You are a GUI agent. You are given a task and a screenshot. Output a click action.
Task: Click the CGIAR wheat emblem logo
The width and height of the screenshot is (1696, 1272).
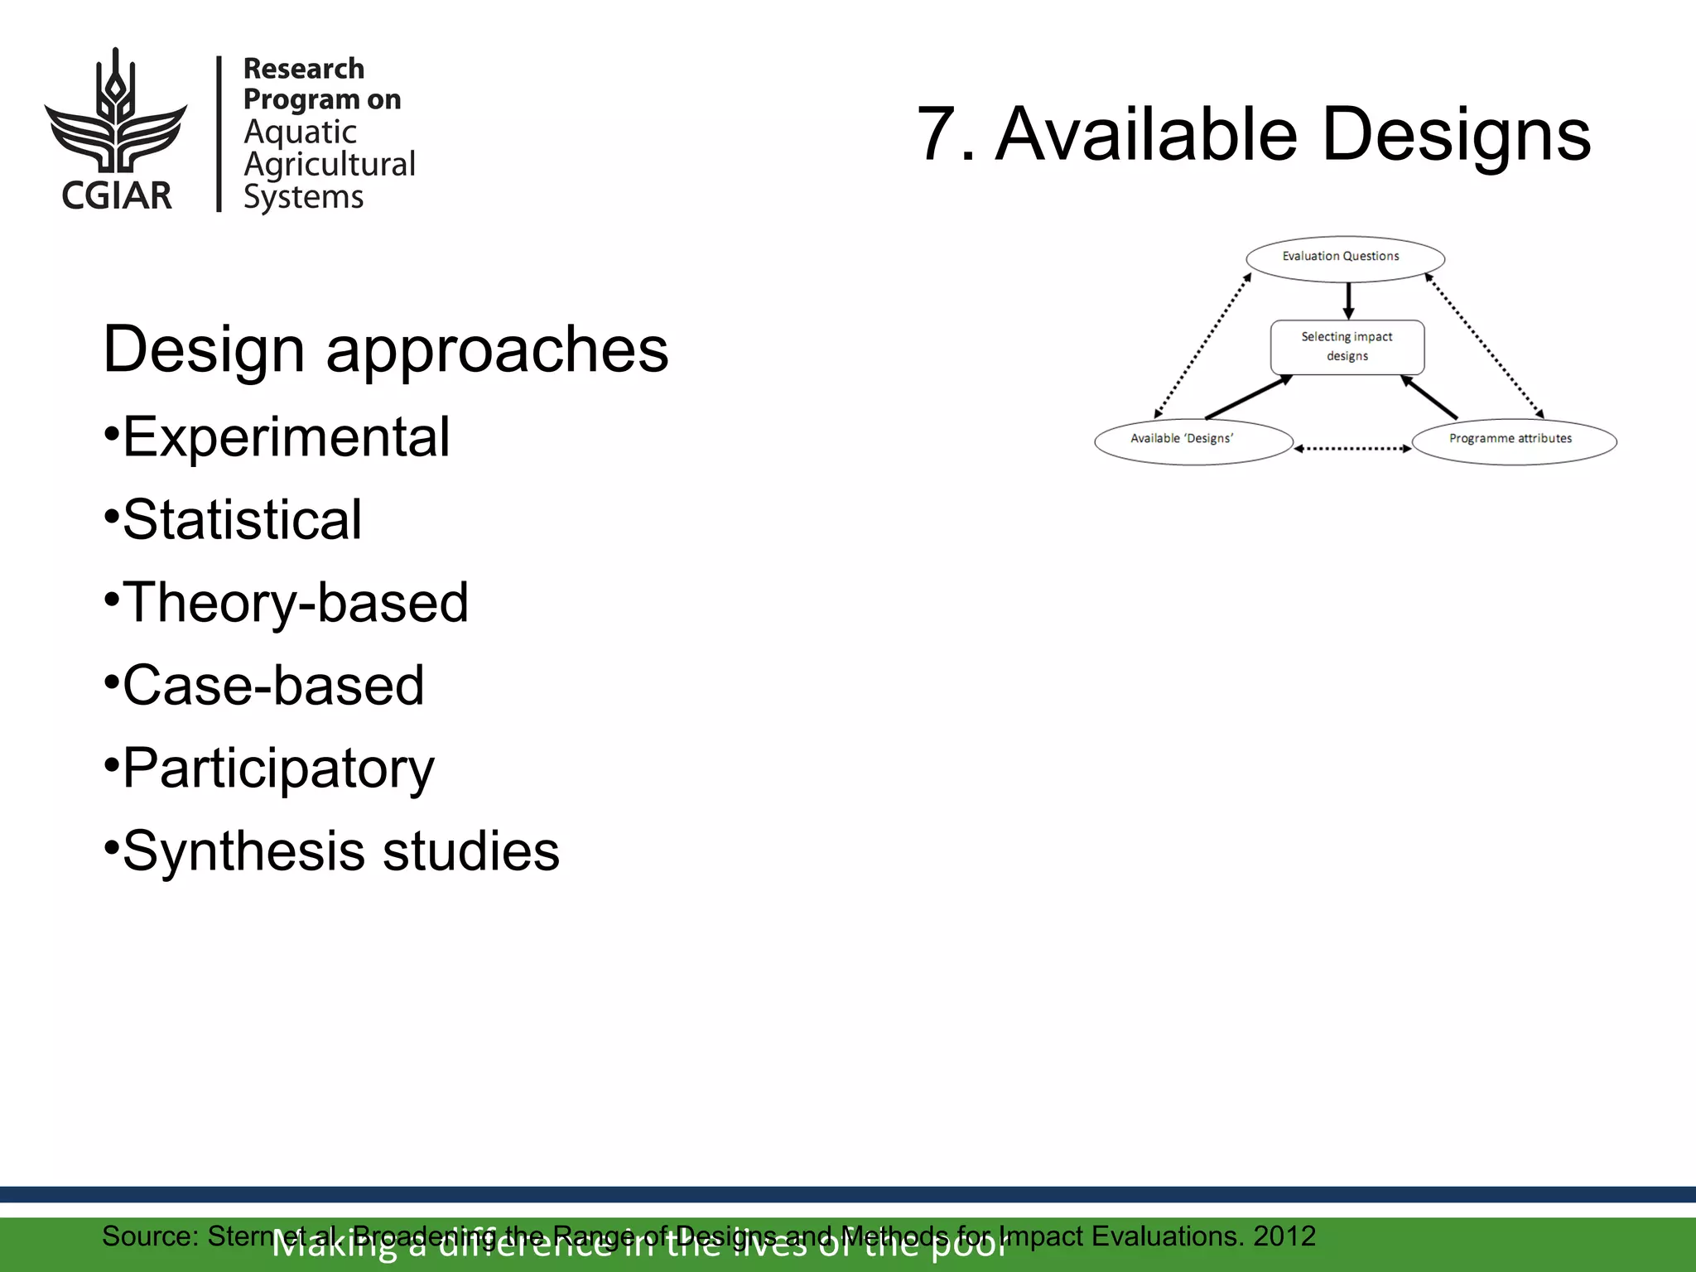[x=116, y=112]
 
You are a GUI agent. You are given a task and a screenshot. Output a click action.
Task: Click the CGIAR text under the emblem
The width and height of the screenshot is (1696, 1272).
[x=117, y=195]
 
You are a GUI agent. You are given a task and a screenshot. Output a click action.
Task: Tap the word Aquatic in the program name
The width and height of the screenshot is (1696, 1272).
[x=300, y=132]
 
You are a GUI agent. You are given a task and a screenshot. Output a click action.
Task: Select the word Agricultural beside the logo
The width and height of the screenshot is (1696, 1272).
[x=330, y=164]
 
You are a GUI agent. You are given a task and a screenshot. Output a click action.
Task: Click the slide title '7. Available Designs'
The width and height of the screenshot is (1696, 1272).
[x=1253, y=134]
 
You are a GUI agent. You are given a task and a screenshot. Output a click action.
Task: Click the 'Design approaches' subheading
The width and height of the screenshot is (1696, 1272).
[x=385, y=349]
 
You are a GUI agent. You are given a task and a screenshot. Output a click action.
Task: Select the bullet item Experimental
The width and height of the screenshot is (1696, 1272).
[x=286, y=436]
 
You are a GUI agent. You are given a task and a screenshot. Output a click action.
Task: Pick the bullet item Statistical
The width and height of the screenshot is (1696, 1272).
[x=242, y=519]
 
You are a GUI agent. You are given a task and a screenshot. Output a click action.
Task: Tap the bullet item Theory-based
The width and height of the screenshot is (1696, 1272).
[x=295, y=602]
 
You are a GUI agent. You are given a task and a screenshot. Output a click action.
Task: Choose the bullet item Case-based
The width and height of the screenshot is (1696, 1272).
[x=273, y=685]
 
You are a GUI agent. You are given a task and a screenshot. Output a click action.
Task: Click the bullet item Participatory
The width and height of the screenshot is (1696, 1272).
[x=278, y=768]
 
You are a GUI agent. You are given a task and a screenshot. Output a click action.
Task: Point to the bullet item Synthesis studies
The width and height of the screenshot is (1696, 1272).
[x=340, y=851]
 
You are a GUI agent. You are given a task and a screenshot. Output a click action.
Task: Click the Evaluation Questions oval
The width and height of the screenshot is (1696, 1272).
[x=1345, y=258]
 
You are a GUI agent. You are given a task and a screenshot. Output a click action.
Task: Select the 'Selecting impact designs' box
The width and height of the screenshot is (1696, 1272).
[x=1347, y=347]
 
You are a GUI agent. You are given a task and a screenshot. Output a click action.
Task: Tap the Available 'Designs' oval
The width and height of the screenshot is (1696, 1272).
[x=1192, y=441]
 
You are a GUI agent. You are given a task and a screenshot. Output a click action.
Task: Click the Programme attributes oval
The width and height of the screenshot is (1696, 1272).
[x=1514, y=441]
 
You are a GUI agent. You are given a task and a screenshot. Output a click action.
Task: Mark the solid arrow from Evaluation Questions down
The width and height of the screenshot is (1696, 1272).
[x=1348, y=301]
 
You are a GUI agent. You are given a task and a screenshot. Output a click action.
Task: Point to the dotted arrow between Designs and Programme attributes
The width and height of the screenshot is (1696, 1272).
[x=1352, y=449]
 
